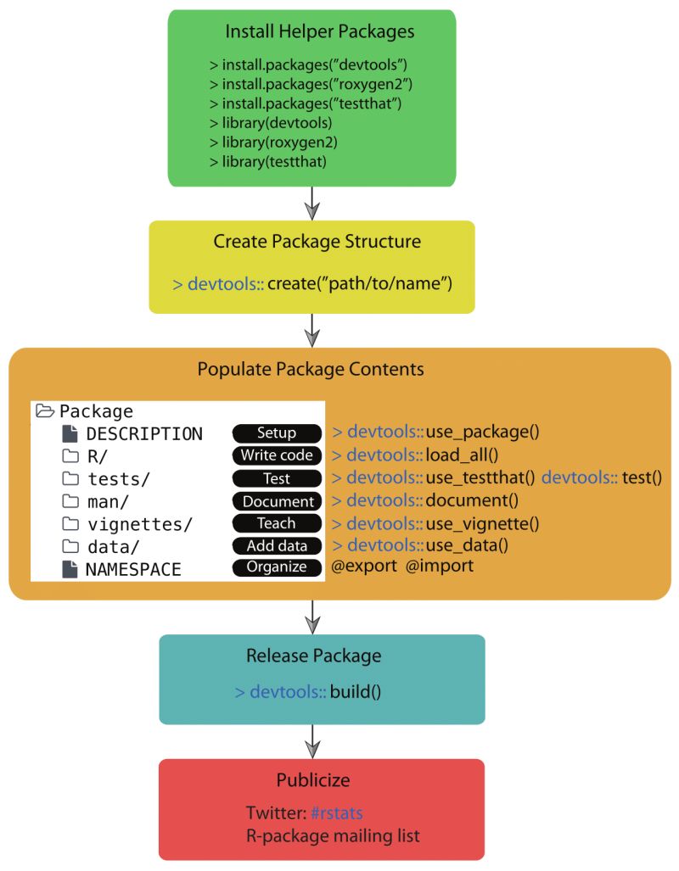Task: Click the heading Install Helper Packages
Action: click(x=319, y=32)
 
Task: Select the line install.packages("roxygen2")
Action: click(x=311, y=83)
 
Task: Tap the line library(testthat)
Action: click(x=267, y=161)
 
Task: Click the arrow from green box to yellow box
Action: click(x=312, y=203)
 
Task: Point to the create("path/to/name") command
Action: click(x=359, y=283)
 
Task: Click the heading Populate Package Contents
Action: click(x=311, y=370)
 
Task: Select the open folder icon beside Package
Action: click(x=45, y=411)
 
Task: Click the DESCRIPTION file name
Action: click(x=144, y=434)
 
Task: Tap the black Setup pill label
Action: click(x=277, y=433)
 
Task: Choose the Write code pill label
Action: click(x=277, y=455)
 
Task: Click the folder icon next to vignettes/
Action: click(x=70, y=524)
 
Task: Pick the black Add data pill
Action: click(x=277, y=545)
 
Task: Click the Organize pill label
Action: click(x=277, y=567)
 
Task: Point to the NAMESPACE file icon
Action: click(x=70, y=570)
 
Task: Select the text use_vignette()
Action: click(x=482, y=523)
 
